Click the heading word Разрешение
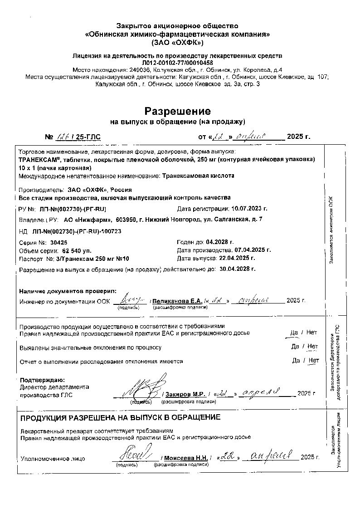pos(177,111)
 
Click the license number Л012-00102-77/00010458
pos(177,63)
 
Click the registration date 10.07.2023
pos(249,209)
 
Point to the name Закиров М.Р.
pos(186,394)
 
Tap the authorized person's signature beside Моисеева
pos(131,454)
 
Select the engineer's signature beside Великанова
pos(132,299)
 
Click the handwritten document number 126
pos(63,137)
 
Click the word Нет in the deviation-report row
pos(313,361)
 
